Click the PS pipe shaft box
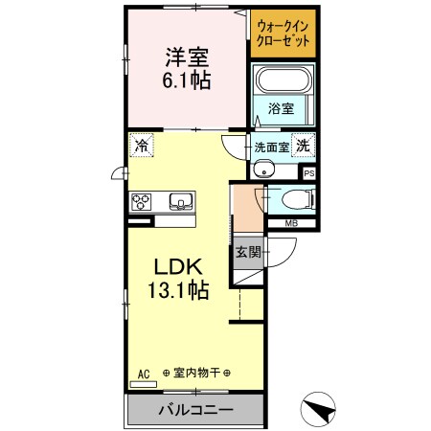pos(308,173)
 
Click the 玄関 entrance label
pos(247,253)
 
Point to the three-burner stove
pos(144,201)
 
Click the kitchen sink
pos(180,201)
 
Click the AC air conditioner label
pos(146,372)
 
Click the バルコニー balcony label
pos(195,409)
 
